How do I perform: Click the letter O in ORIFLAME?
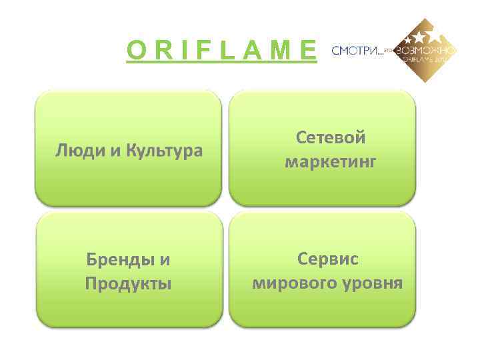(x=137, y=50)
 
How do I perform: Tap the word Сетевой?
(x=331, y=138)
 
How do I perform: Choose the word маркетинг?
(x=331, y=162)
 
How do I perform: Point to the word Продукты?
(x=128, y=283)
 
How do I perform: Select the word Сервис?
(x=327, y=259)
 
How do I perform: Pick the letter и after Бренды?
(x=165, y=259)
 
